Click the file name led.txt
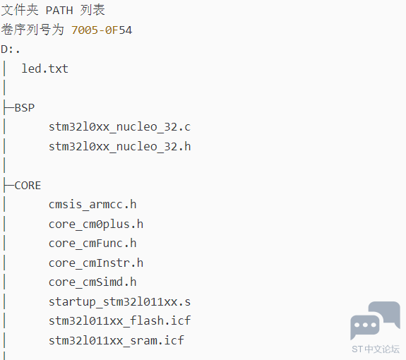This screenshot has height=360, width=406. click(44, 69)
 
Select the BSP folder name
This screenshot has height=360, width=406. click(25, 108)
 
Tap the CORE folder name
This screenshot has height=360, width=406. click(28, 186)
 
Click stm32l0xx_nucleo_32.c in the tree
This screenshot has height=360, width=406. click(119, 127)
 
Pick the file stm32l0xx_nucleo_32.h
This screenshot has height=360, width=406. click(119, 147)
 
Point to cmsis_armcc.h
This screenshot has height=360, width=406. click(92, 205)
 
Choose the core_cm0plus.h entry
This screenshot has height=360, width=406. click(96, 224)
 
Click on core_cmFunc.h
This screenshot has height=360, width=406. click(92, 244)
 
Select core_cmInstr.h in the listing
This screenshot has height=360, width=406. click(96, 263)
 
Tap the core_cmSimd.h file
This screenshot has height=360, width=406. click(92, 282)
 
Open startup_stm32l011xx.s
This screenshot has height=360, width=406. click(119, 302)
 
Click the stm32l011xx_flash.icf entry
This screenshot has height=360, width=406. click(119, 321)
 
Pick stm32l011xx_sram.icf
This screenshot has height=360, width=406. click(117, 340)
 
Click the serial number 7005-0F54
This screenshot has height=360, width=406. click(102, 30)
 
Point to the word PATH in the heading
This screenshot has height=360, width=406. click(59, 11)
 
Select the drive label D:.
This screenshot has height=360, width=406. click(11, 49)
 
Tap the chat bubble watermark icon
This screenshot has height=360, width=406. click(375, 320)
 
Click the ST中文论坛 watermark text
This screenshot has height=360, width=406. click(376, 349)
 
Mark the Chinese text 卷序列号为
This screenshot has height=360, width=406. click(32, 30)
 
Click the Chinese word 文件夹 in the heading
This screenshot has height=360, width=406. click(20, 10)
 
